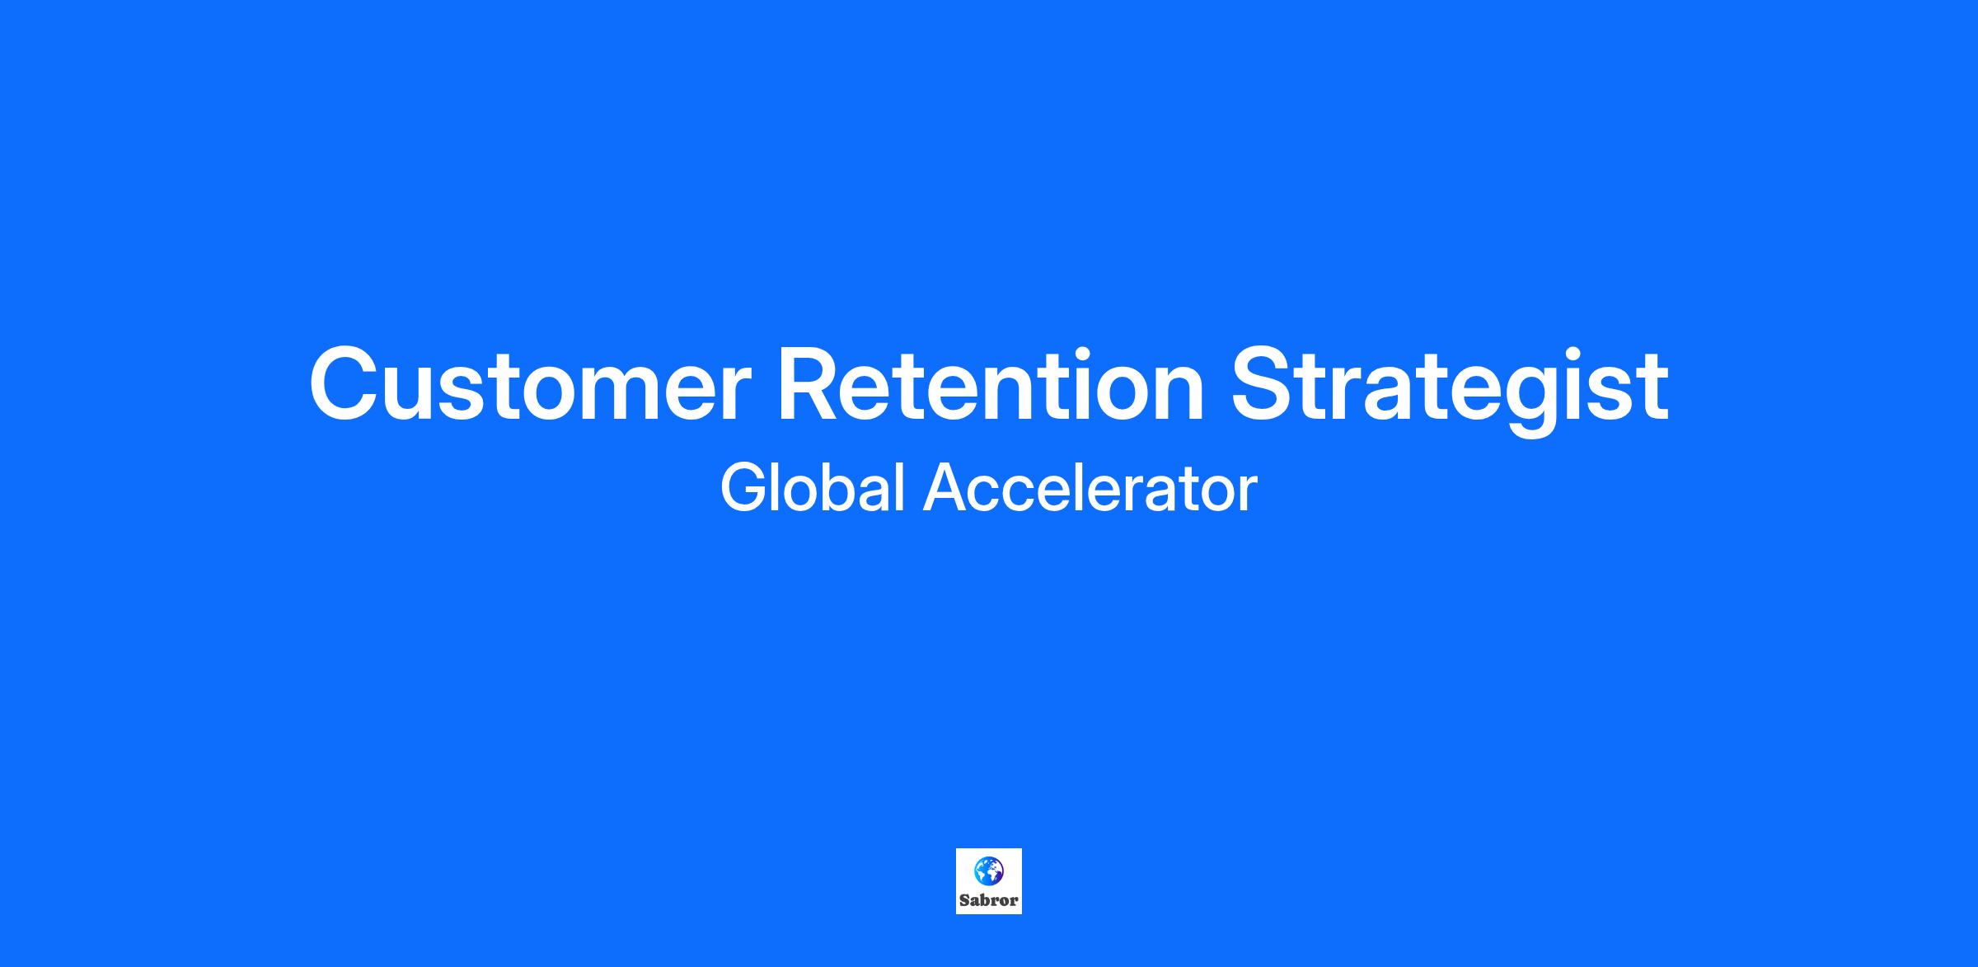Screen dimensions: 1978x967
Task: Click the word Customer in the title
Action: [530, 384]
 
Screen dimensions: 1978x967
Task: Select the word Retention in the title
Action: [991, 384]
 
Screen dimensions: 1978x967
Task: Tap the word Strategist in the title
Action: [1450, 390]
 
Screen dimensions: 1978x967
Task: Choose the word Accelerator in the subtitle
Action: [1090, 488]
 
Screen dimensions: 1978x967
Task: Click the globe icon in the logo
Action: [988, 871]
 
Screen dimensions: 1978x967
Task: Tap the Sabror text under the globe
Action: [988, 900]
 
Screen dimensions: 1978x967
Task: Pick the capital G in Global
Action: [746, 488]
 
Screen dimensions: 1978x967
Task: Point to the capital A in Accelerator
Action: [945, 488]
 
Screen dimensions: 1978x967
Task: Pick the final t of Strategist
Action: [1653, 388]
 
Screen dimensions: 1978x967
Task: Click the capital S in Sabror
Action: [964, 900]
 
